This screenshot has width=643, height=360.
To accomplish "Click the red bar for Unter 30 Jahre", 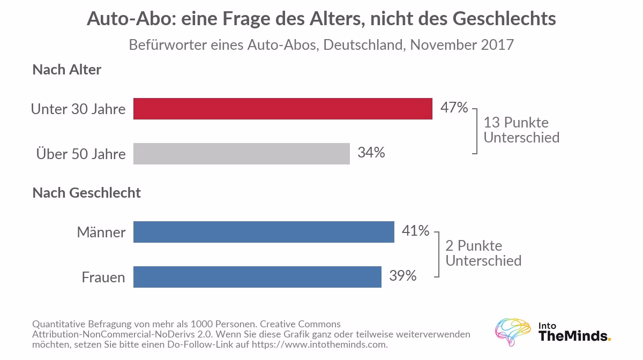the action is click(x=283, y=109).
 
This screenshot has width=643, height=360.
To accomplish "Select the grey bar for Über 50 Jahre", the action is click(x=242, y=154).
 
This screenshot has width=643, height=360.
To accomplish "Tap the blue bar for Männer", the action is click(x=264, y=231).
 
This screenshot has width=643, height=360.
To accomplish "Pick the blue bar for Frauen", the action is click(x=258, y=277).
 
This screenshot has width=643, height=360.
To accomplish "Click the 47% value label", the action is click(x=454, y=108).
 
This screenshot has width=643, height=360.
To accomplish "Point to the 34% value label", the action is click(x=371, y=153).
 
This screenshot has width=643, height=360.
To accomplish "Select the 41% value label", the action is click(x=415, y=230).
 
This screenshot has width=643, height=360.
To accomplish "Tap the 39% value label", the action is click(x=403, y=275).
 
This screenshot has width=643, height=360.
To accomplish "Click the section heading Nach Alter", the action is click(x=67, y=70).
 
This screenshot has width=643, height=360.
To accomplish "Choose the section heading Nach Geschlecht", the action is click(x=87, y=193).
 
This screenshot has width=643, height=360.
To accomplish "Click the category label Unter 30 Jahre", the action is click(x=78, y=109).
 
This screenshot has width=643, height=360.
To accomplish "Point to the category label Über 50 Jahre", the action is click(x=81, y=154).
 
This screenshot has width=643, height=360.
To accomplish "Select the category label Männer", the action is click(x=101, y=232).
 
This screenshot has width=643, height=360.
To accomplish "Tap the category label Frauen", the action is click(x=103, y=277).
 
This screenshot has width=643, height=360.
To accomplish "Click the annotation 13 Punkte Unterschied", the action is click(x=521, y=130).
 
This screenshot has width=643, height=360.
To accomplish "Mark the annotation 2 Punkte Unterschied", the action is click(x=483, y=253).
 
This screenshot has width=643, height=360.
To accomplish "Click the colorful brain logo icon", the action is click(x=513, y=332).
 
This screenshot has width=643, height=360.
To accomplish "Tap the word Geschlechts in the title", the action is click(x=504, y=19).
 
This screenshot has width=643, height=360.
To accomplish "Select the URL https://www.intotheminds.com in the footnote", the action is click(x=319, y=344).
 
